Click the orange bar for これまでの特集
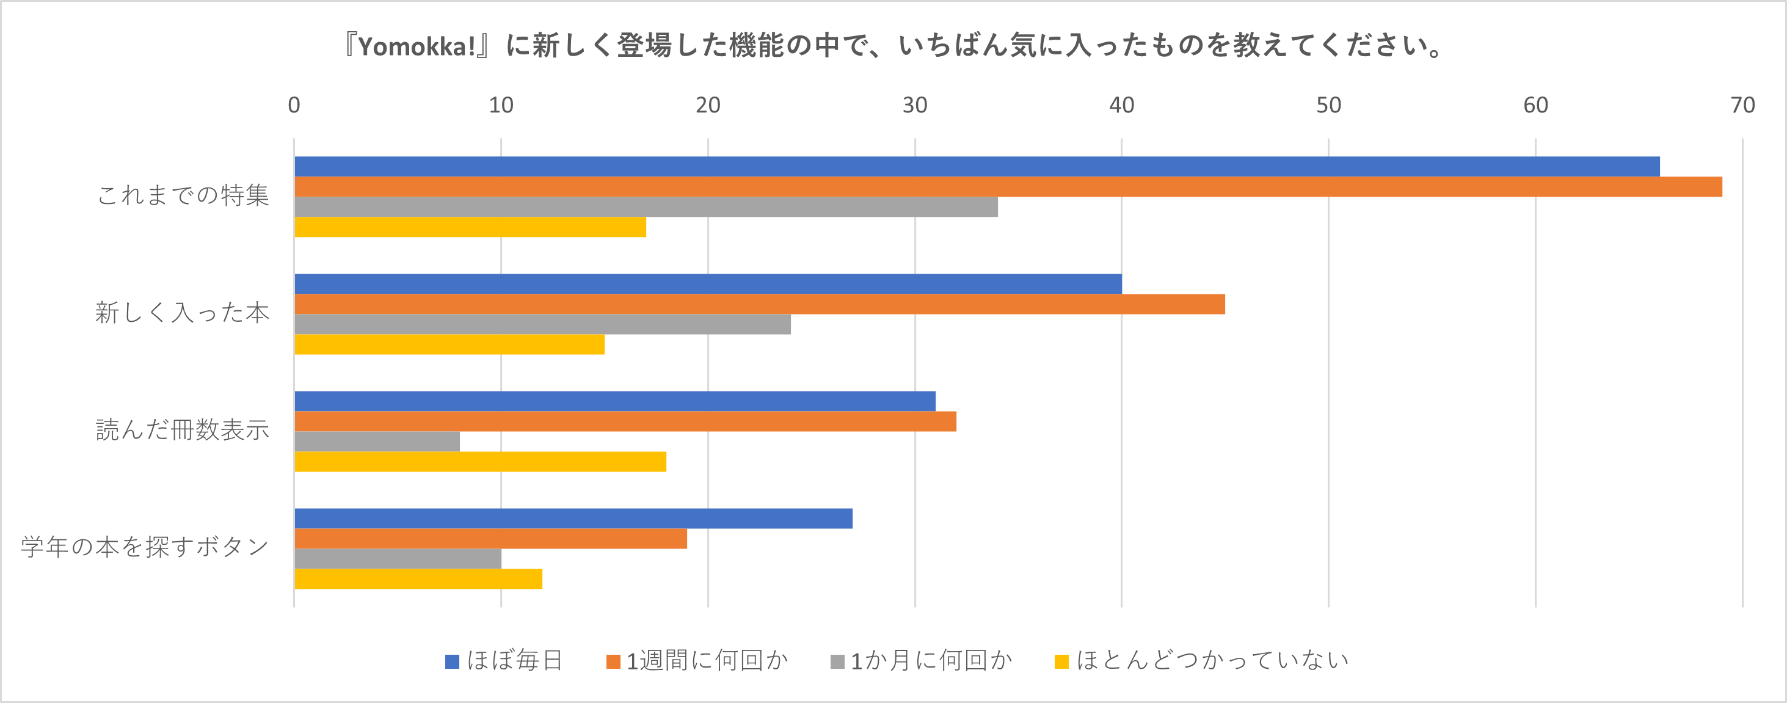pyautogui.click(x=1008, y=187)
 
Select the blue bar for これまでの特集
pyautogui.click(x=977, y=167)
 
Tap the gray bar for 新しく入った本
pyautogui.click(x=542, y=324)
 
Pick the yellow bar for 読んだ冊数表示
pyautogui.click(x=480, y=462)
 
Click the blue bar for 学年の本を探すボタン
pyautogui.click(x=573, y=519)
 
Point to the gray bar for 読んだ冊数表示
pyautogui.click(x=377, y=442)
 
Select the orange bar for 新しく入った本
pyautogui.click(x=760, y=304)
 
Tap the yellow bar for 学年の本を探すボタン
pyautogui.click(x=418, y=579)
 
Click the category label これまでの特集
pyautogui.click(x=183, y=195)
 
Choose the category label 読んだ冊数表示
pyautogui.click(x=183, y=429)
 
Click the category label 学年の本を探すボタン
pyautogui.click(x=144, y=547)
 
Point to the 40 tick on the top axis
pyautogui.click(x=1121, y=106)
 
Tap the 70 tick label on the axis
pyautogui.click(x=1742, y=106)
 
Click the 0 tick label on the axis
pyautogui.click(x=294, y=106)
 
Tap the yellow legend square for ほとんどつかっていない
pyautogui.click(x=1061, y=661)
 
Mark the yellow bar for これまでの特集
pyautogui.click(x=470, y=227)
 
